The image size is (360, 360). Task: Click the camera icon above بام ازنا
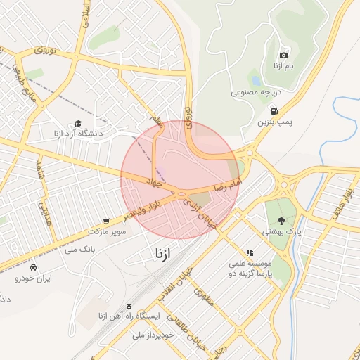point(283,55)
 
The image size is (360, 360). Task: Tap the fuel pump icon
point(274,110)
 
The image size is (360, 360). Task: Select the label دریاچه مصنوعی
point(256,92)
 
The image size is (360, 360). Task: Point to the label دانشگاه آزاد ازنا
point(78,132)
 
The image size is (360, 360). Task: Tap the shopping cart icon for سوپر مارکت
point(106,221)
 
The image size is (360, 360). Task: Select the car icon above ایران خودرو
point(33,267)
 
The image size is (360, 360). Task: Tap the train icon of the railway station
point(129,305)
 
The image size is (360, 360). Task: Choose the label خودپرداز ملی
point(153,335)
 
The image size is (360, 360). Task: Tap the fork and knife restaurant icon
point(249,252)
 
